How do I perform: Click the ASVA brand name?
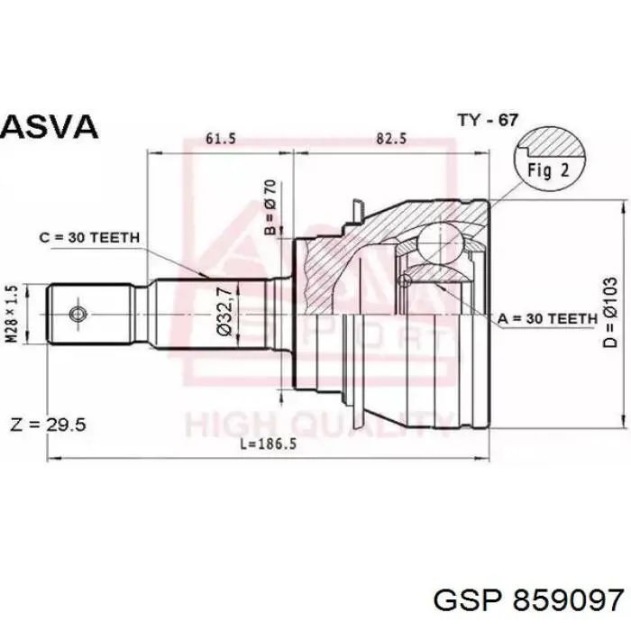(x=49, y=126)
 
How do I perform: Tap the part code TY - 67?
(x=488, y=120)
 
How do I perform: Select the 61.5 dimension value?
(x=221, y=139)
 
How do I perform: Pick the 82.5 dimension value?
(x=391, y=139)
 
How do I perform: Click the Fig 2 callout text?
(x=548, y=170)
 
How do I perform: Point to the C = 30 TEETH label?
(x=89, y=237)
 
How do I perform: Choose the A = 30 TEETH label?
(x=547, y=319)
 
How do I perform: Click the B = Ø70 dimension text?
(x=270, y=206)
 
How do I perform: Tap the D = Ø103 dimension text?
(x=610, y=312)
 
